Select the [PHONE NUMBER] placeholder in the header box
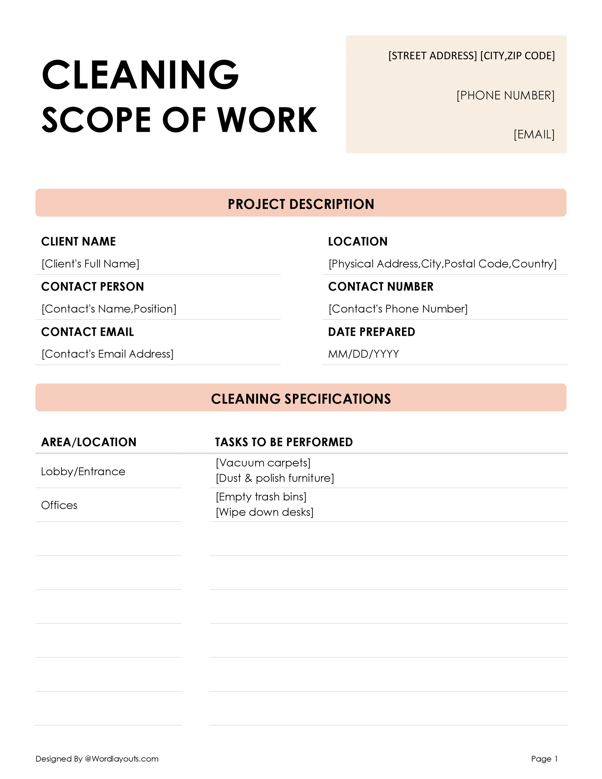505,96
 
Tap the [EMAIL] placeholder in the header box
533,134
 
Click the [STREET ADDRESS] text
432,56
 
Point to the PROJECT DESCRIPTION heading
301,204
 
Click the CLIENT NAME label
79,241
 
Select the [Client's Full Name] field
90,264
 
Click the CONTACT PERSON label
92,286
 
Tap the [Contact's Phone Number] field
398,308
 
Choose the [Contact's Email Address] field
107,354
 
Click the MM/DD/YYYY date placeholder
364,354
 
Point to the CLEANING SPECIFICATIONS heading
301,399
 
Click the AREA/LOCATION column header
89,442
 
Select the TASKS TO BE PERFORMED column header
284,442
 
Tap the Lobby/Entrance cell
83,472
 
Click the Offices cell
59,505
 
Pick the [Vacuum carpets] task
263,463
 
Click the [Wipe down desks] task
264,512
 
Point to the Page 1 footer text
544,759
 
